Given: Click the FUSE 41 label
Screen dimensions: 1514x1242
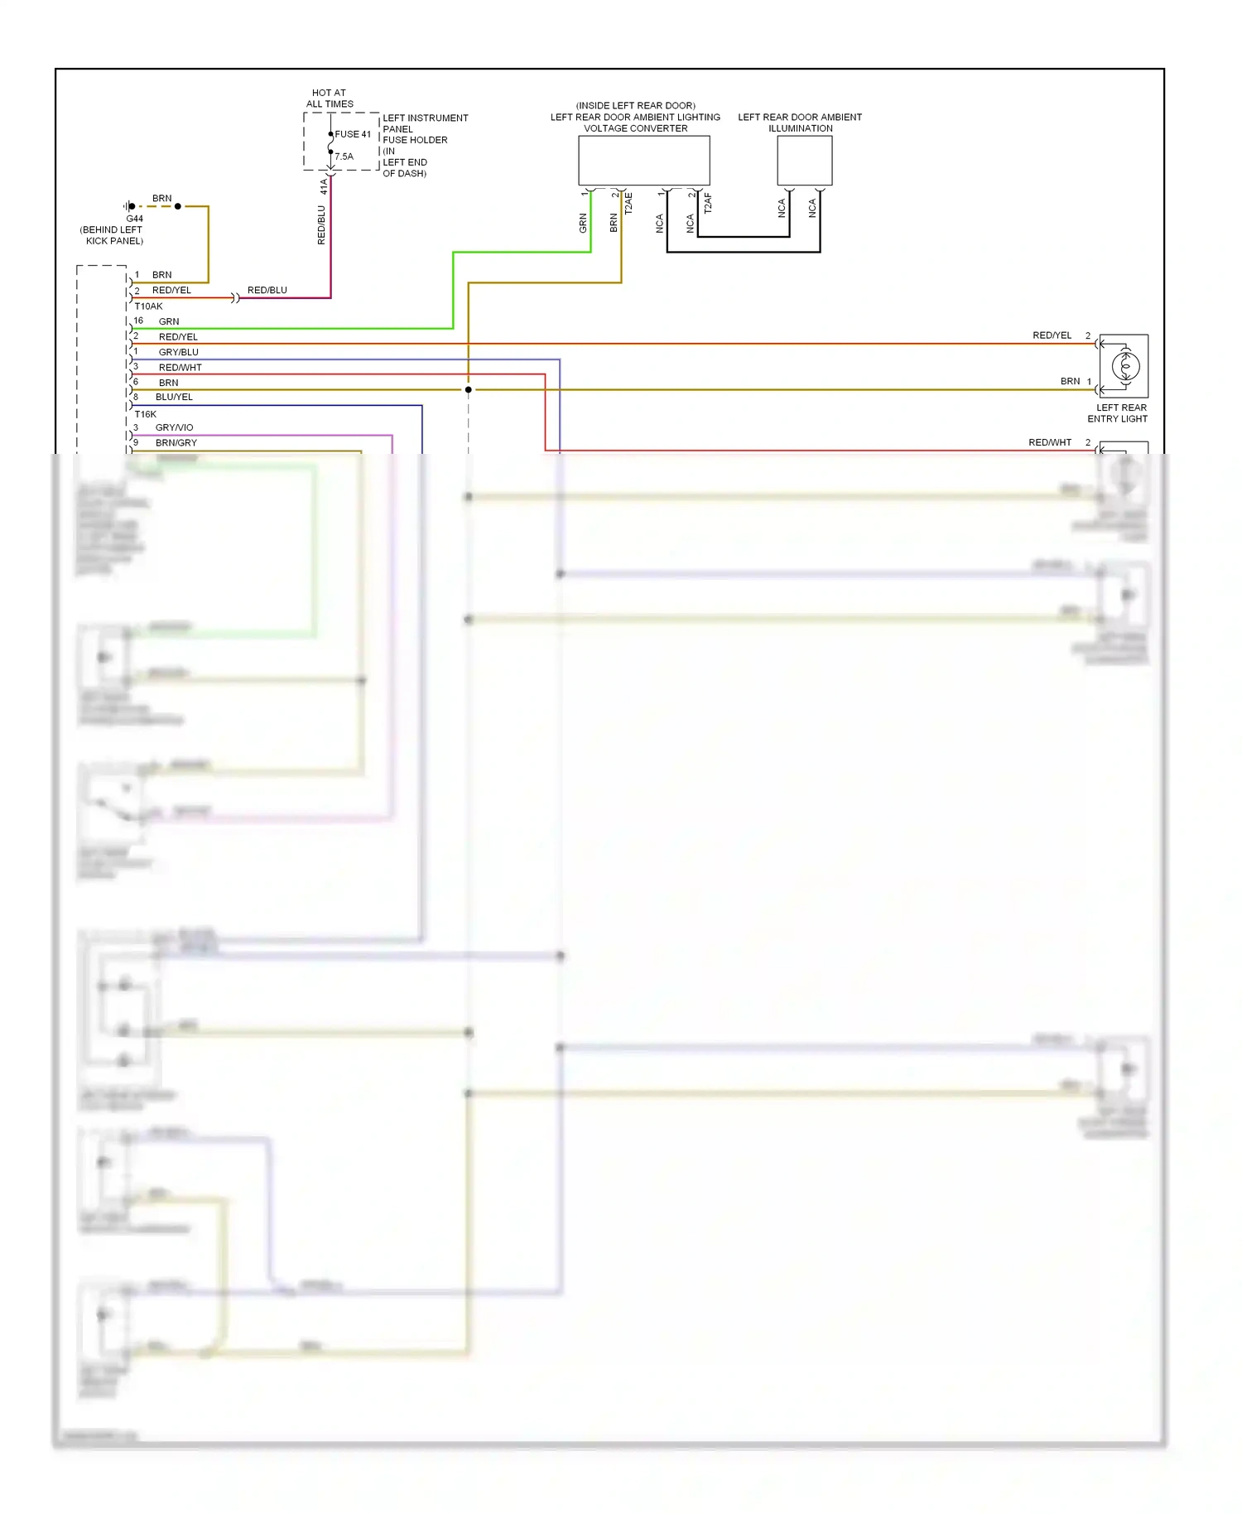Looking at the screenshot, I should click(x=353, y=134).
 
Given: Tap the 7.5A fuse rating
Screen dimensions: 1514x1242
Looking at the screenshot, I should click(x=344, y=157).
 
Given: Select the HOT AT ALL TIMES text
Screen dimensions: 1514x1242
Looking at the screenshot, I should click(x=330, y=99).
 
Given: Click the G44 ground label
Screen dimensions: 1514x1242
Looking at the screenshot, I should click(x=134, y=219).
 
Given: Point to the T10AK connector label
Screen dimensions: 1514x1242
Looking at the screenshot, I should click(x=149, y=306).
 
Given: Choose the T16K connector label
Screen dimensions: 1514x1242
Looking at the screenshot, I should click(x=146, y=414).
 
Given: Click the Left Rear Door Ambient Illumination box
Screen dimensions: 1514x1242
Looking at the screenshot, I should click(x=804, y=161).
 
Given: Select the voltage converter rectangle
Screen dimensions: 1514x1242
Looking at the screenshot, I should click(x=643, y=161).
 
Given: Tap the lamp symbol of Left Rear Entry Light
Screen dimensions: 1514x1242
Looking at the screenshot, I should click(x=1124, y=365).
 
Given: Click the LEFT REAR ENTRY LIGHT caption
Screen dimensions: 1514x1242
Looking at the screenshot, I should click(x=1118, y=413).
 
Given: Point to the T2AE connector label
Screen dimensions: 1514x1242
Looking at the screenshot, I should click(x=628, y=204).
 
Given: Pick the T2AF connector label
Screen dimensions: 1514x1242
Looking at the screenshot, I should click(x=708, y=204).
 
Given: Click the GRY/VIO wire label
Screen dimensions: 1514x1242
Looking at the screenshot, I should click(x=174, y=428).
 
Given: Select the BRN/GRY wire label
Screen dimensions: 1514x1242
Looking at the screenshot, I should click(x=176, y=443).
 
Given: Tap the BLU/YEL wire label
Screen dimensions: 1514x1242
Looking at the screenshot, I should click(x=174, y=398).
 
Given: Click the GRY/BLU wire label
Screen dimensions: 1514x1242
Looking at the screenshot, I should click(x=179, y=352).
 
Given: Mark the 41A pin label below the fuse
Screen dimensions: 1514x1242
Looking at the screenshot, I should click(x=324, y=187).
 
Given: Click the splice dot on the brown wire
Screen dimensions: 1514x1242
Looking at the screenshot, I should click(x=469, y=389).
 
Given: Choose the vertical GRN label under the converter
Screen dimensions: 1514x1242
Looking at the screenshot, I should click(x=583, y=223).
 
